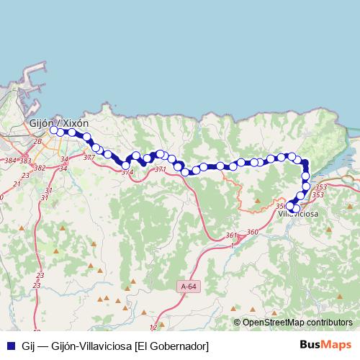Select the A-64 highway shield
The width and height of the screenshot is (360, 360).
click(187, 287)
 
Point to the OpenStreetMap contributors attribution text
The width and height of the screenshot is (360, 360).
click(297, 323)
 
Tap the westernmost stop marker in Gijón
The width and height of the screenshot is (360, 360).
click(54, 130)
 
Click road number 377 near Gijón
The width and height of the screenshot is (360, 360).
click(89, 157)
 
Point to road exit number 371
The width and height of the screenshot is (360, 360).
click(160, 170)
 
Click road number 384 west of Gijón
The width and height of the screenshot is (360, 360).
click(9, 160)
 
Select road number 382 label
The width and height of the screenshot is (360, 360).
click(40, 168)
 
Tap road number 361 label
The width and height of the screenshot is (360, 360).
click(230, 235)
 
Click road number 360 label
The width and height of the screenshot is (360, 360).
click(252, 231)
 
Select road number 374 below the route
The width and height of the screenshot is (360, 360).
click(127, 173)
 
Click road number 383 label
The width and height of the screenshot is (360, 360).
click(25, 160)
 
